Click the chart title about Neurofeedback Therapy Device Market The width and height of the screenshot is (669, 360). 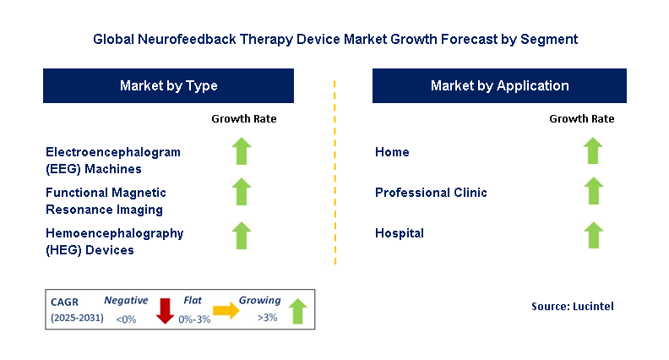(x=335, y=39)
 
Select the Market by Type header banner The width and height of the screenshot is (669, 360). (x=168, y=86)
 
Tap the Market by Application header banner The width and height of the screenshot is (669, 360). (x=499, y=86)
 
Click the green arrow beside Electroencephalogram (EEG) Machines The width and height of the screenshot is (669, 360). (x=242, y=152)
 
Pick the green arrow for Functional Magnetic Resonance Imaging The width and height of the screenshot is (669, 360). (x=242, y=192)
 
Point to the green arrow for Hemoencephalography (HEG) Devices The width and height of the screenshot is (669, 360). (x=242, y=234)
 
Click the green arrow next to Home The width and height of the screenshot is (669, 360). (x=593, y=151)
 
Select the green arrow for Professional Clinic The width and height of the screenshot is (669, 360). (x=593, y=191)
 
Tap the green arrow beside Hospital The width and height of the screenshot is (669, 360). (x=593, y=234)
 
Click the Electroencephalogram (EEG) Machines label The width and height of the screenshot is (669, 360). (x=113, y=160)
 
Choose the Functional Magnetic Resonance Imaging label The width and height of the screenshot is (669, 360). (x=106, y=200)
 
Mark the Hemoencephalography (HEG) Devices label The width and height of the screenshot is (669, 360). (x=114, y=241)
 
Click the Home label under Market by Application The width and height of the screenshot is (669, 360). (x=392, y=152)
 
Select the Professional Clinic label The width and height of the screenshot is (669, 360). (x=431, y=193)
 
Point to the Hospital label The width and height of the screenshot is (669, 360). (x=399, y=233)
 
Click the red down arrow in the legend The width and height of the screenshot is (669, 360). (x=165, y=311)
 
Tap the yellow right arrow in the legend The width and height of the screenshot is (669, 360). (x=226, y=311)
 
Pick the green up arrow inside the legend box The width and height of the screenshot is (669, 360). (x=298, y=310)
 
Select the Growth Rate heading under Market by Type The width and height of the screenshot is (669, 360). (x=243, y=118)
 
